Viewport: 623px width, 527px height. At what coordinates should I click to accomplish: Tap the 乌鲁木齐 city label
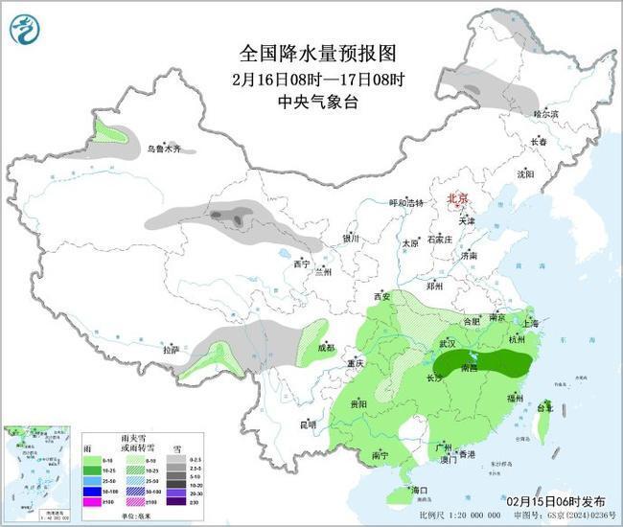(x=163, y=149)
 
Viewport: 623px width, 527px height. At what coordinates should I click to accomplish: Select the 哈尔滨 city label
(x=544, y=114)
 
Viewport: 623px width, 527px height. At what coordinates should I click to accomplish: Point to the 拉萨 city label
(x=171, y=350)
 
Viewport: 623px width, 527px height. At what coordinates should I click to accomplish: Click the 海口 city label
(x=418, y=490)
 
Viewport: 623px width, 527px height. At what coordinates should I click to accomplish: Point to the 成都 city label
(x=327, y=347)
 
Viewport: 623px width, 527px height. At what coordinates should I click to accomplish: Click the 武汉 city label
(x=447, y=342)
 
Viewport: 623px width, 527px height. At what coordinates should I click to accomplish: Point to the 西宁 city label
(x=301, y=263)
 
